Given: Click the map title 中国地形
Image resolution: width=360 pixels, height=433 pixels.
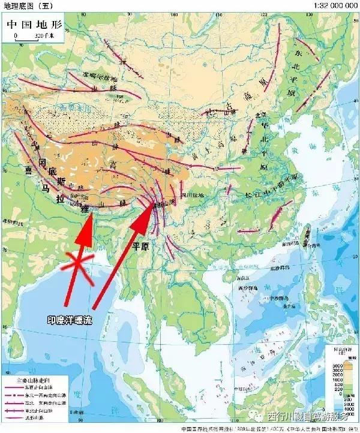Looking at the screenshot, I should click(x=35, y=26).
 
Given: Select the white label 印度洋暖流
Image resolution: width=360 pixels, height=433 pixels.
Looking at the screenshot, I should click(x=70, y=321).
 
